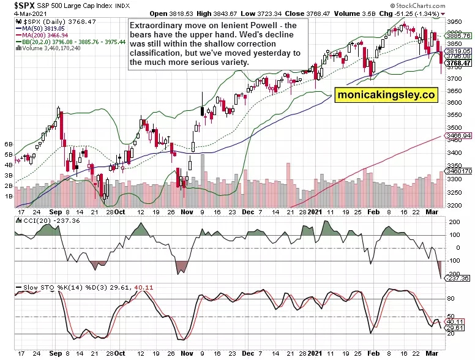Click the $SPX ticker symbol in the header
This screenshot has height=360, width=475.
pyautogui.click(x=16, y=5)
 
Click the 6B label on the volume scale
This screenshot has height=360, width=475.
pyautogui.click(x=9, y=144)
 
